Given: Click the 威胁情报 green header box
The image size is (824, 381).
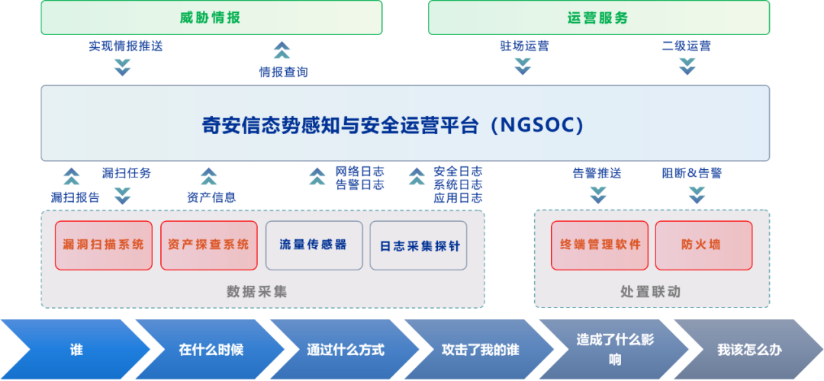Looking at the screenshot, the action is coord(211,18).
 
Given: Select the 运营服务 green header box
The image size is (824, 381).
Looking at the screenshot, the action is coord(599,18).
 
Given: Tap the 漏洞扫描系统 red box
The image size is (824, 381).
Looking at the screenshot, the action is coord(104,245).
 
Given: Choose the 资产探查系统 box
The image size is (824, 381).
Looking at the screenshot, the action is coord(208,245).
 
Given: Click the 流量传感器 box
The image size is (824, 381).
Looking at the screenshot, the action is coord(314,245).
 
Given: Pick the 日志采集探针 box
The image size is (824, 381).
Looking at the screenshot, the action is coord(418,245).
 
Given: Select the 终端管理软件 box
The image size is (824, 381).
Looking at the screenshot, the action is coord(600,245).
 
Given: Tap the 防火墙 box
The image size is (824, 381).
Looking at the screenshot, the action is coord(704,245).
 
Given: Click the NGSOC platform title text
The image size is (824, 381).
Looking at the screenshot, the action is coord(393,126).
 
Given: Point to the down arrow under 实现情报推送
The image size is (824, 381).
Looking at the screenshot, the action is coord(122,67).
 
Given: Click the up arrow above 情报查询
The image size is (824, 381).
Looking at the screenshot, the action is coord(282,50).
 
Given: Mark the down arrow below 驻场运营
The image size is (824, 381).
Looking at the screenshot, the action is coord(523,66).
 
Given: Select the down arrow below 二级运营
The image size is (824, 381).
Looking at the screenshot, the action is coord(687,66).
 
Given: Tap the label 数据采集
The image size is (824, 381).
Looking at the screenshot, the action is coord(257,292).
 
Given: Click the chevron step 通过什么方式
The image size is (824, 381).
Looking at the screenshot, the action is coord(346,350).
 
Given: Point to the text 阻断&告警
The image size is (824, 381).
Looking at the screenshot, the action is coord(691,173).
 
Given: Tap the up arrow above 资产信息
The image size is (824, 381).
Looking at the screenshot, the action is coord(208,176).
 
